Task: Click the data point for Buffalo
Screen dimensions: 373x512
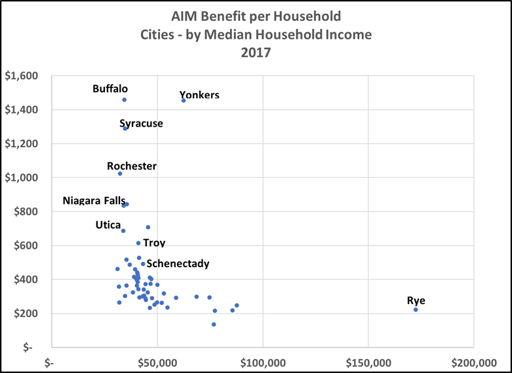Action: point(124,100)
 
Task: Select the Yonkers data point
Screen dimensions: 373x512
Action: point(184,100)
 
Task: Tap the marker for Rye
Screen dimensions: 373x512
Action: point(416,309)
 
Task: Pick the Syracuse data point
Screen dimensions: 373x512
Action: point(125,128)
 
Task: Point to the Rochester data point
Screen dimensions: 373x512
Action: point(120,173)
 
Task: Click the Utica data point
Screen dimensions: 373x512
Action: point(123,230)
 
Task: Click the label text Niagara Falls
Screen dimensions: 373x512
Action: point(94,200)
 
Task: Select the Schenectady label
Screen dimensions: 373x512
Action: point(178,264)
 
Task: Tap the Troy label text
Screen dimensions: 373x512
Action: point(154,243)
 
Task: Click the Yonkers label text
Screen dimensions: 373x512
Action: point(199,95)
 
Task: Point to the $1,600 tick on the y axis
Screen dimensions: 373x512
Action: point(22,76)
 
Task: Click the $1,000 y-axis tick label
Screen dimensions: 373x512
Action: point(22,177)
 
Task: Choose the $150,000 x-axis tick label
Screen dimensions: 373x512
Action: point(368,362)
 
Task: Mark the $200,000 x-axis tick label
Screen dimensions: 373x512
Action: point(473,362)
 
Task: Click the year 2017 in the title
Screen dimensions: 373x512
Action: point(255,53)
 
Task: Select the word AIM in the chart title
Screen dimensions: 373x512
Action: point(185,15)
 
